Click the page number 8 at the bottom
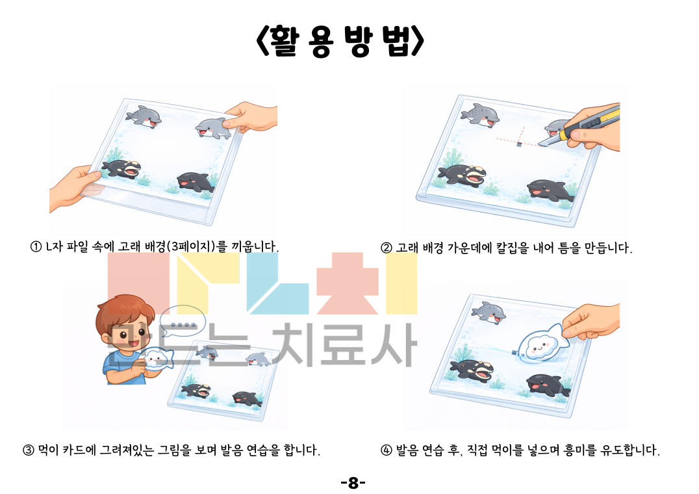[x=353, y=483]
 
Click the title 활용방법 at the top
[x=340, y=41]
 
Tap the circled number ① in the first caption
[x=36, y=246]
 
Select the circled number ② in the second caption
[x=386, y=248]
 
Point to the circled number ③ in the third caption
[x=29, y=450]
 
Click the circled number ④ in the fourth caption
[x=386, y=450]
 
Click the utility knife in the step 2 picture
[x=579, y=125]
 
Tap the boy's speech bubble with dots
[x=183, y=320]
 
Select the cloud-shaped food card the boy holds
[x=157, y=358]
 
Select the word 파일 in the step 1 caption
[x=77, y=246]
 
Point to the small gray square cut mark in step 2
[x=519, y=144]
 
